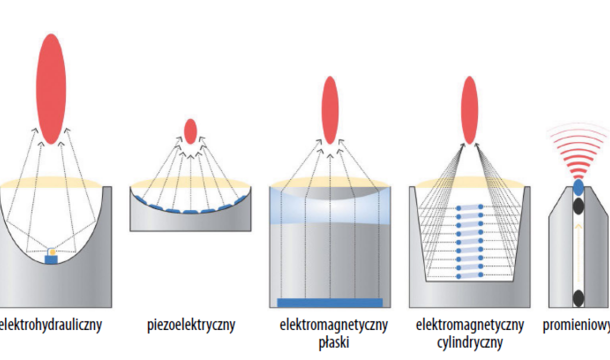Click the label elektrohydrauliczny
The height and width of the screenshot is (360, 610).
point(51,325)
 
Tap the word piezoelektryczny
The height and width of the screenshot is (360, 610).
point(191,325)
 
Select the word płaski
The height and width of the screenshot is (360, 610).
point(333,343)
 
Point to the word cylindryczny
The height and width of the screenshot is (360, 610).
point(469,343)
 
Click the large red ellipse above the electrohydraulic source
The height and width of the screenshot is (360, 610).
point(51,88)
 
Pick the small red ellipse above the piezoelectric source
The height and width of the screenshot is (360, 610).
point(190,131)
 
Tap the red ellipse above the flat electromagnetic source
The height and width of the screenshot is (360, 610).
point(330,110)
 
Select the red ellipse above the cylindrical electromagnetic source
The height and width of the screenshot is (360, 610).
point(469,110)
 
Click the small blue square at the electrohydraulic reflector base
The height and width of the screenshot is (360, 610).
point(51,259)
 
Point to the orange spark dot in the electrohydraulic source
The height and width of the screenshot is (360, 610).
point(52,251)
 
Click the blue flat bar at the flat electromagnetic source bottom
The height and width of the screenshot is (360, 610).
point(329,302)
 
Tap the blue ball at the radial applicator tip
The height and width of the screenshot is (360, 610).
point(578,188)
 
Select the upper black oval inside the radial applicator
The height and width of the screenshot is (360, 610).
point(578,205)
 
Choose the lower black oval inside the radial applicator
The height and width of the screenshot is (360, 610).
point(578,298)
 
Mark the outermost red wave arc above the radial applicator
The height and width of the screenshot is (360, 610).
point(578,128)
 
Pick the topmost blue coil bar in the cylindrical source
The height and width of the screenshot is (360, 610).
point(469,207)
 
